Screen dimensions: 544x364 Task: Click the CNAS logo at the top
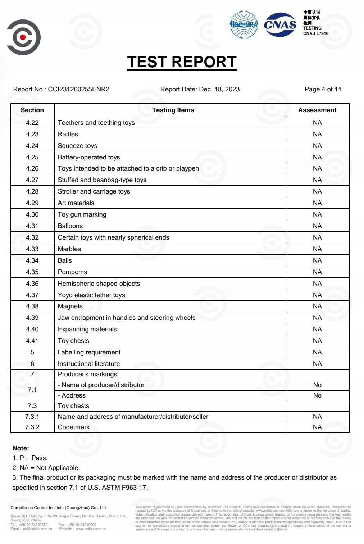(280, 24)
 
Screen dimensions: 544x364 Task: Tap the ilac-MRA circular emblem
(244, 24)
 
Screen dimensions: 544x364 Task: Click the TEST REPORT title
(182, 62)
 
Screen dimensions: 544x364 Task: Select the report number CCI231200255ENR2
(78, 89)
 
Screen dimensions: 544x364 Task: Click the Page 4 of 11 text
(323, 89)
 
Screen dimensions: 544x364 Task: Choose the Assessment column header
(317, 110)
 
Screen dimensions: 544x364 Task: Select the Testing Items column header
(173, 110)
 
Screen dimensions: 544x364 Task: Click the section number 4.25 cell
(32, 157)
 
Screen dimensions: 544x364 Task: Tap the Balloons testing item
(70, 226)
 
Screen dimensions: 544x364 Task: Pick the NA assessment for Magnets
(317, 306)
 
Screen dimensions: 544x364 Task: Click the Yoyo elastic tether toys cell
(91, 295)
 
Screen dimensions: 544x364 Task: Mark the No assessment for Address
(317, 395)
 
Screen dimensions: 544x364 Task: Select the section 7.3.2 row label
(32, 427)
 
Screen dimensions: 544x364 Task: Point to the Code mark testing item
(74, 427)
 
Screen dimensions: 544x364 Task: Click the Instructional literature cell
(89, 364)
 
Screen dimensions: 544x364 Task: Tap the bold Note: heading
(21, 448)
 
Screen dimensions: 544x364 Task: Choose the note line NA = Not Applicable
(46, 468)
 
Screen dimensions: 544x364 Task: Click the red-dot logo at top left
(23, 37)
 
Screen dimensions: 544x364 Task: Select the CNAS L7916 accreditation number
(315, 33)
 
